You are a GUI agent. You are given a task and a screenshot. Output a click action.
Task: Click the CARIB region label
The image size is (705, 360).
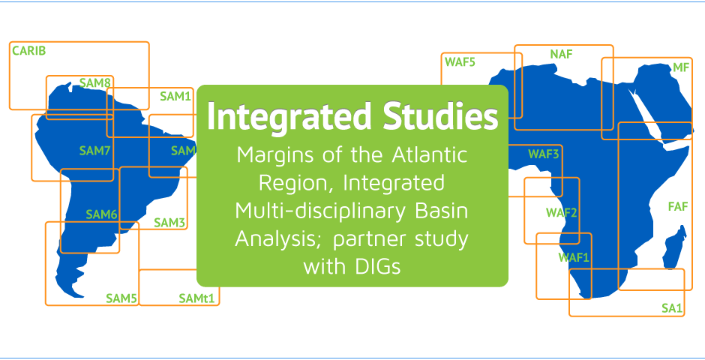coord(28,51)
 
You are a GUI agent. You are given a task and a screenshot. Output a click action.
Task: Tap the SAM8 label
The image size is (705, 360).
coord(94,82)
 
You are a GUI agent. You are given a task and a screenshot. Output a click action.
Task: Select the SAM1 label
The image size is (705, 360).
coord(175,96)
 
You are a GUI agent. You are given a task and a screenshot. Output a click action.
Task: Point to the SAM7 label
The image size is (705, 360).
coord(94,151)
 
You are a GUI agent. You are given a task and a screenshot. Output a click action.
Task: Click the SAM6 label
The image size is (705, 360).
coord(101,214)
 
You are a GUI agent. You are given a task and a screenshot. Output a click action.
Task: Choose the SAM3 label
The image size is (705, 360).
coord(169,223)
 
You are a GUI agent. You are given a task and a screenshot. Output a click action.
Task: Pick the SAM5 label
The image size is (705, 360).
coord(121,298)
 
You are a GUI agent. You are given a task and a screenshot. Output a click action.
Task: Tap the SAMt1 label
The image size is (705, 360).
coord(196,298)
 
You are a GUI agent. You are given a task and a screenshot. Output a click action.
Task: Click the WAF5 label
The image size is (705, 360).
coord(460,61)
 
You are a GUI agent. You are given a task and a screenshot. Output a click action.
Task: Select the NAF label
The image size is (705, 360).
coord(561,55)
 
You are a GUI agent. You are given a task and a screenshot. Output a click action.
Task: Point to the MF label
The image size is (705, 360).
coord(680,67)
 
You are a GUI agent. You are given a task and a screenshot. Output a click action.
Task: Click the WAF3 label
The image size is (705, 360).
coord(543,154)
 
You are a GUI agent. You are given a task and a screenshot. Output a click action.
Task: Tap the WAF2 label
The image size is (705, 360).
coord(561,212)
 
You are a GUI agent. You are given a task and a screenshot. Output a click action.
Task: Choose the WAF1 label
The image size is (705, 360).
coord(574,257)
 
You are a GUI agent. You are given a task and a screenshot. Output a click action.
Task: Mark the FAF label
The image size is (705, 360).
coord(678,207)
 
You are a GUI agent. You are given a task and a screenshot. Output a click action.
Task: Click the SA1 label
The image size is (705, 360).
coord(672,308)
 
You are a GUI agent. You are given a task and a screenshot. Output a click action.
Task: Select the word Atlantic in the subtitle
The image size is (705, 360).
coord(430,155)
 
